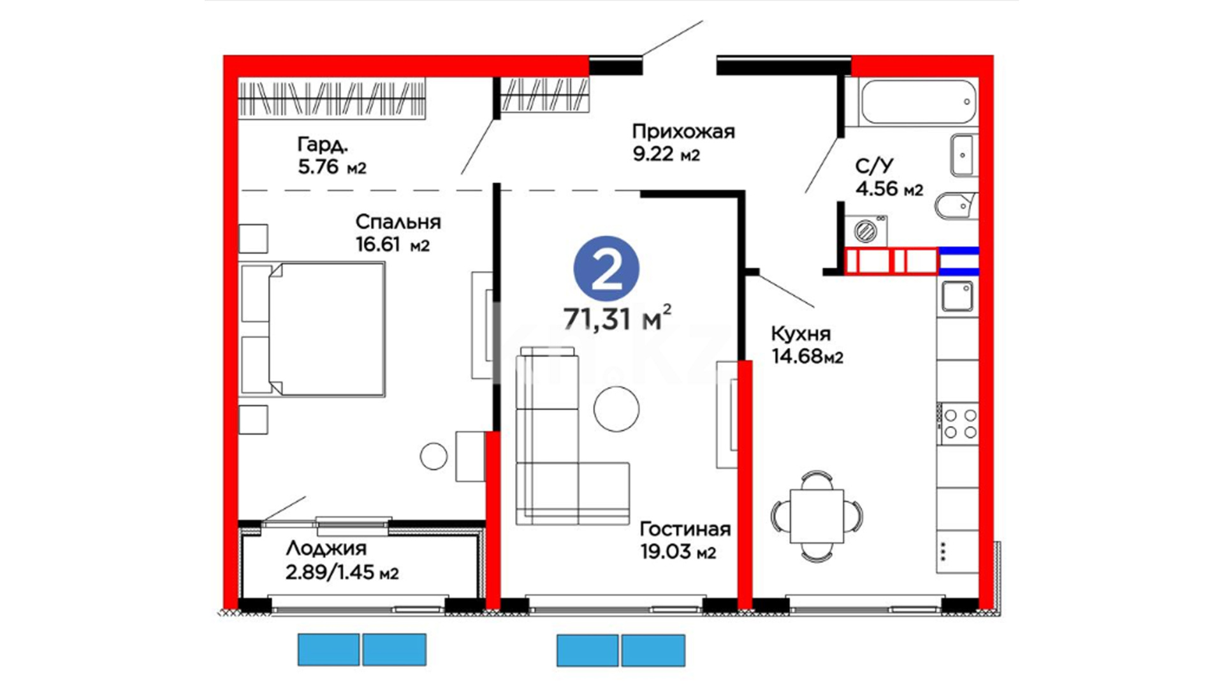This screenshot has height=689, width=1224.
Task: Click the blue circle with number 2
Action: tap(606, 269)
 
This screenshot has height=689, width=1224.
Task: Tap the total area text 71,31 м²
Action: tap(616, 318)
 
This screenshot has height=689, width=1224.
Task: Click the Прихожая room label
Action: tap(683, 131)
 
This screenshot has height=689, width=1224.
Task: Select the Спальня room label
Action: tap(398, 222)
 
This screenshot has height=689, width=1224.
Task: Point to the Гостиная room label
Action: tap(685, 529)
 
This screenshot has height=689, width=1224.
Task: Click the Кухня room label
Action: tap(801, 334)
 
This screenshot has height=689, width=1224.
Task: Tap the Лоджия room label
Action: tap(326, 548)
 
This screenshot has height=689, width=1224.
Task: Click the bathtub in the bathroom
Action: tap(917, 101)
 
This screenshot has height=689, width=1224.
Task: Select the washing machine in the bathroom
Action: tap(866, 230)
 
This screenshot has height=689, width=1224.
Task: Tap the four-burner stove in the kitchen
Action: tap(959, 424)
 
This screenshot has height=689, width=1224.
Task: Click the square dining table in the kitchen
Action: tap(817, 516)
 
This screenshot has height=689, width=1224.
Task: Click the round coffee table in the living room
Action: tap(616, 408)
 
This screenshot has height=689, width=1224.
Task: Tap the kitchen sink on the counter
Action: tap(957, 297)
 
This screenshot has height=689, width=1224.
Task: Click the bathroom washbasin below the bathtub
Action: tap(963, 154)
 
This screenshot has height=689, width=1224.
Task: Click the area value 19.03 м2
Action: tap(678, 552)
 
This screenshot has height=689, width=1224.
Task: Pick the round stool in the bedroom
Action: tap(433, 456)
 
